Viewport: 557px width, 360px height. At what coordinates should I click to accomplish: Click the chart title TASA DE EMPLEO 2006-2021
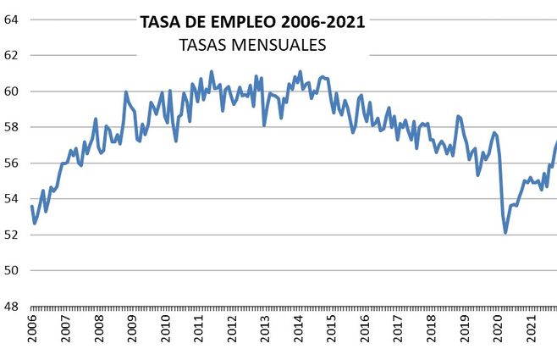pyautogui.click(x=252, y=23)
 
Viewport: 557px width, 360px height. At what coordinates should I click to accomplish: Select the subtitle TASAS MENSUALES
pyautogui.click(x=252, y=44)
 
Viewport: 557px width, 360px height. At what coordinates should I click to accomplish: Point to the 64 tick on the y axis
pyautogui.click(x=13, y=19)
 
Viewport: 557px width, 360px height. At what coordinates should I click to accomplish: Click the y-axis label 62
pyautogui.click(x=13, y=55)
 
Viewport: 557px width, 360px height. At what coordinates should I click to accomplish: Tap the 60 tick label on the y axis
pyautogui.click(x=13, y=91)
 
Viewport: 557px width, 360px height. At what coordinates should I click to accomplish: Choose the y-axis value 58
pyautogui.click(x=13, y=127)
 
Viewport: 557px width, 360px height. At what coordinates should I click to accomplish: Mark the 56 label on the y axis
pyautogui.click(x=13, y=163)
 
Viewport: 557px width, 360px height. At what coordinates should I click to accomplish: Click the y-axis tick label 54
pyautogui.click(x=13, y=199)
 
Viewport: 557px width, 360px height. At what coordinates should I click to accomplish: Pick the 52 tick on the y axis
pyautogui.click(x=13, y=235)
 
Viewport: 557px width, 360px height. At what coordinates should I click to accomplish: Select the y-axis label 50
pyautogui.click(x=13, y=271)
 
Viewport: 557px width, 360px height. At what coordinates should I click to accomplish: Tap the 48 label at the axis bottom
pyautogui.click(x=13, y=307)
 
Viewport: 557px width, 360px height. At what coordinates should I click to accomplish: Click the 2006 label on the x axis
pyautogui.click(x=32, y=331)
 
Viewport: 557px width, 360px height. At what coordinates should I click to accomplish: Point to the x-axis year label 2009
pyautogui.click(x=132, y=331)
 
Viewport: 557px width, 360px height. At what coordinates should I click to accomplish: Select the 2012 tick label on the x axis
pyautogui.click(x=232, y=331)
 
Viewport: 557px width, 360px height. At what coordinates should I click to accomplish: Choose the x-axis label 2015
pyautogui.click(x=332, y=331)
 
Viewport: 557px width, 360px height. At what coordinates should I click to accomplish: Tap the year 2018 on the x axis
pyautogui.click(x=432, y=331)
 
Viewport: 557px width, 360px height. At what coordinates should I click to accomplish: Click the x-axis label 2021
pyautogui.click(x=532, y=331)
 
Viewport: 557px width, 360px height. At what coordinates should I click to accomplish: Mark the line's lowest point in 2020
pyautogui.click(x=505, y=232)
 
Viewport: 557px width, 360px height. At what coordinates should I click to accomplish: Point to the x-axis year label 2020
pyautogui.click(x=499, y=331)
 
